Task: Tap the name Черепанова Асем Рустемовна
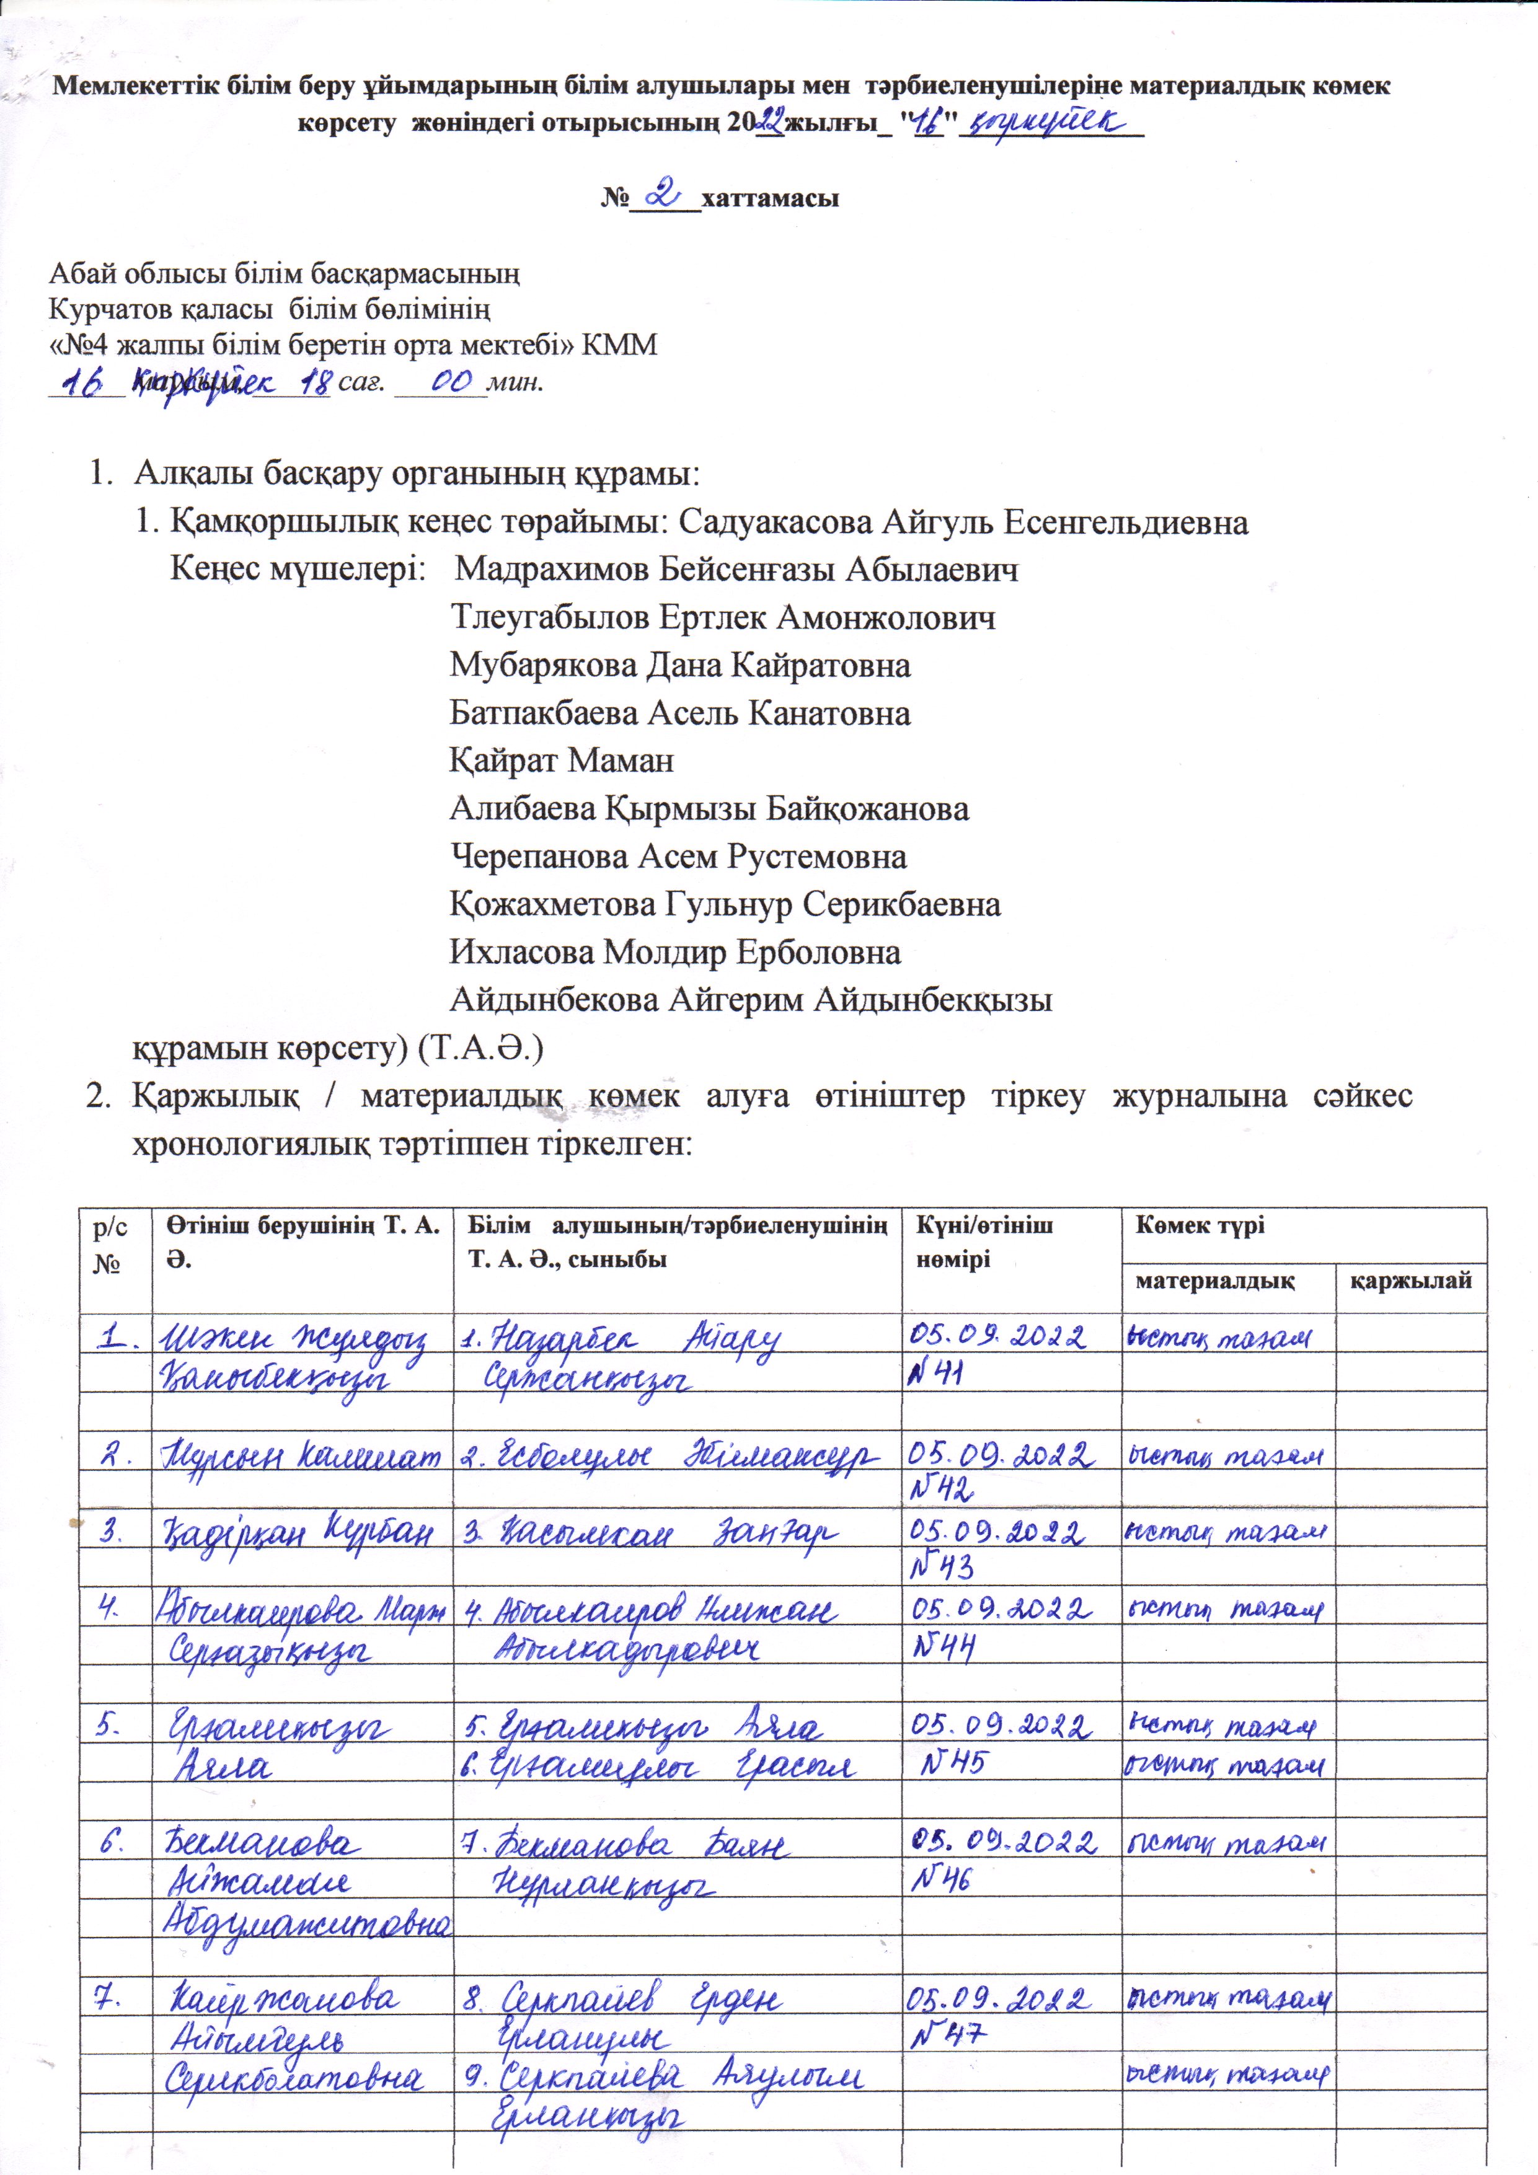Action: [678, 857]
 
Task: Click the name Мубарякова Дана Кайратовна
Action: [679, 665]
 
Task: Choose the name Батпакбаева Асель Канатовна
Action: [679, 712]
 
